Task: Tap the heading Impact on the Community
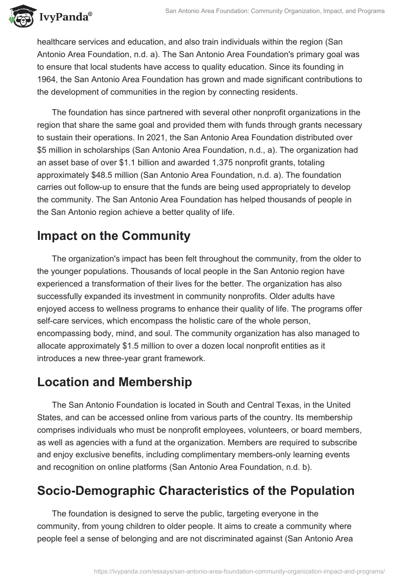(x=114, y=236)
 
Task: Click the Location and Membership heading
(x=114, y=382)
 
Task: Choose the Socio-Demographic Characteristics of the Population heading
(x=195, y=490)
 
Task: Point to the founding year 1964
(x=49, y=79)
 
